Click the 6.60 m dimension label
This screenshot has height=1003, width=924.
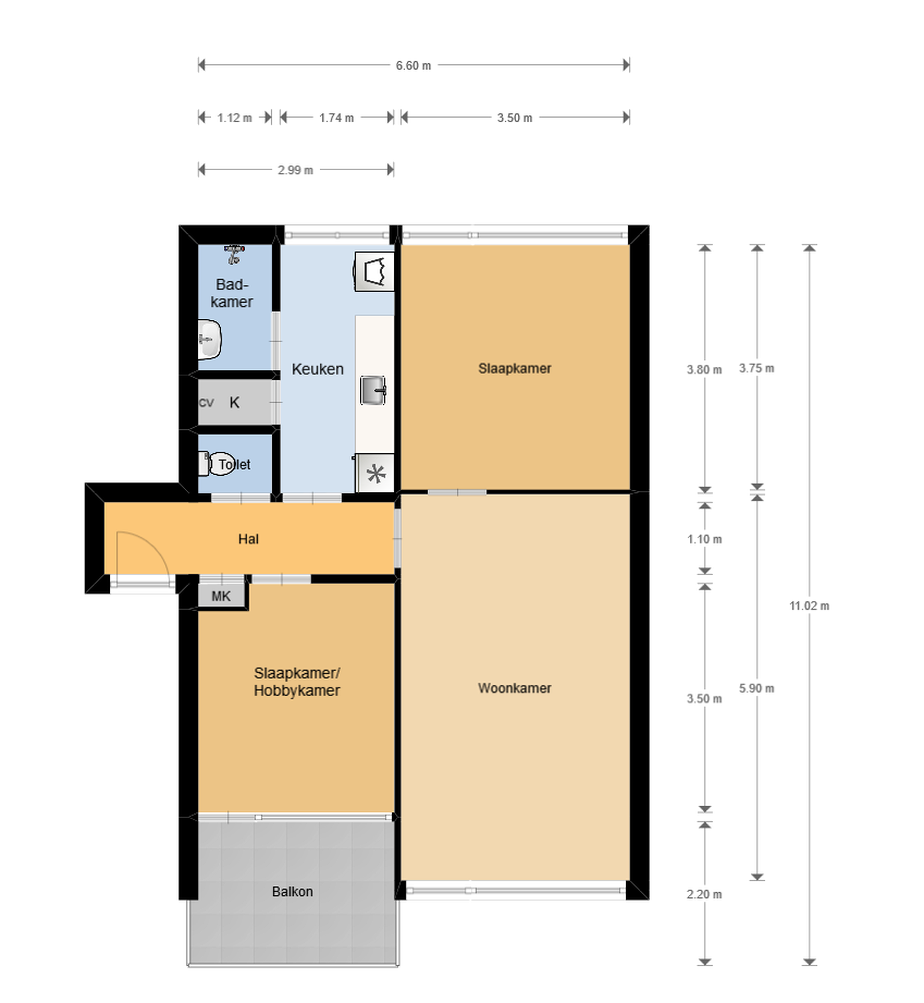(x=413, y=65)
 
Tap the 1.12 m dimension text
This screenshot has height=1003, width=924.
(x=235, y=118)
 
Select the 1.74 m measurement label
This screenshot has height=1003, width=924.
(x=337, y=118)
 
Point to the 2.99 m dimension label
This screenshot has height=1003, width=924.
(x=296, y=170)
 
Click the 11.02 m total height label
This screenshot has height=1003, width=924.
(x=809, y=606)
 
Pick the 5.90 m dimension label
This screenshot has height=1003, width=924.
(x=757, y=688)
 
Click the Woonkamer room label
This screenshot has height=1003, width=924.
(x=515, y=688)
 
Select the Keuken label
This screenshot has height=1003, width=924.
(x=318, y=369)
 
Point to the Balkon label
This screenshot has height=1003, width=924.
(x=292, y=892)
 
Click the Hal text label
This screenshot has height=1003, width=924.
(x=249, y=539)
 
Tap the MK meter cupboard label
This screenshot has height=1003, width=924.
(x=221, y=596)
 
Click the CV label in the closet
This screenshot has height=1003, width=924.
(x=206, y=402)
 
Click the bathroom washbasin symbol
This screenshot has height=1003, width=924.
(x=210, y=340)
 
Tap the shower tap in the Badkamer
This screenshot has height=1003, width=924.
(x=234, y=254)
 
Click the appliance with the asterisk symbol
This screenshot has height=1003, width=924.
(x=375, y=473)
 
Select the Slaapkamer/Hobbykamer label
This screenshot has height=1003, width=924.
(x=297, y=682)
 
